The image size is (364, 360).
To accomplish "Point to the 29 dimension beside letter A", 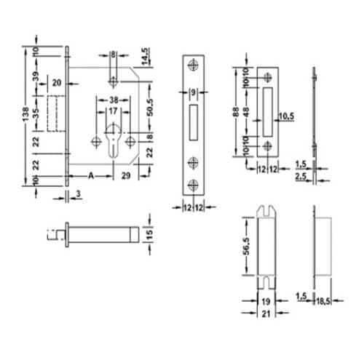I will pos(127,175).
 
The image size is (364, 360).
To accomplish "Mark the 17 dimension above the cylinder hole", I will pos(114,112).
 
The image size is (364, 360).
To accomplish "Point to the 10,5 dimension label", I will pos(286,116).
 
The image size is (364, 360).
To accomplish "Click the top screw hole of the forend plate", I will pos(194,66).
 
